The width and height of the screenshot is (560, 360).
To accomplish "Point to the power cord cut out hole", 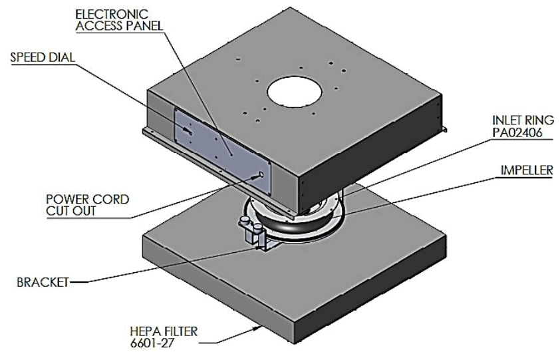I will (261, 175).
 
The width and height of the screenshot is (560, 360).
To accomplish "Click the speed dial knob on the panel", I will (190, 132).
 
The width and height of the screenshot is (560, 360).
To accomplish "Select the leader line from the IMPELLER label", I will (432, 193).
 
